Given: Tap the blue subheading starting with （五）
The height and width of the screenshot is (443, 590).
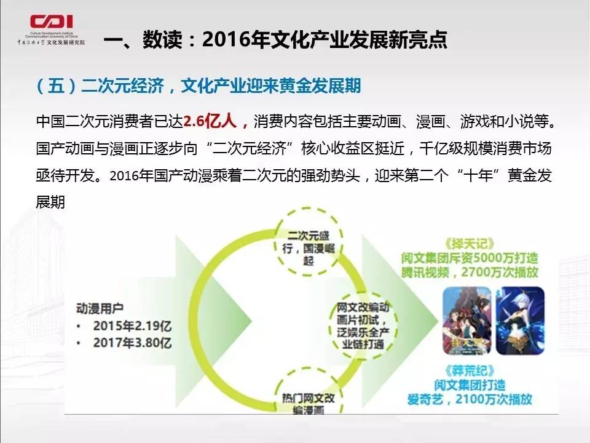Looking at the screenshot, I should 199,86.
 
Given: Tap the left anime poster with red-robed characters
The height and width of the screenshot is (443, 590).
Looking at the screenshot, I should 468,320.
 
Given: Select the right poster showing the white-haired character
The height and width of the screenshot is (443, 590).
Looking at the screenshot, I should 520,320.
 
